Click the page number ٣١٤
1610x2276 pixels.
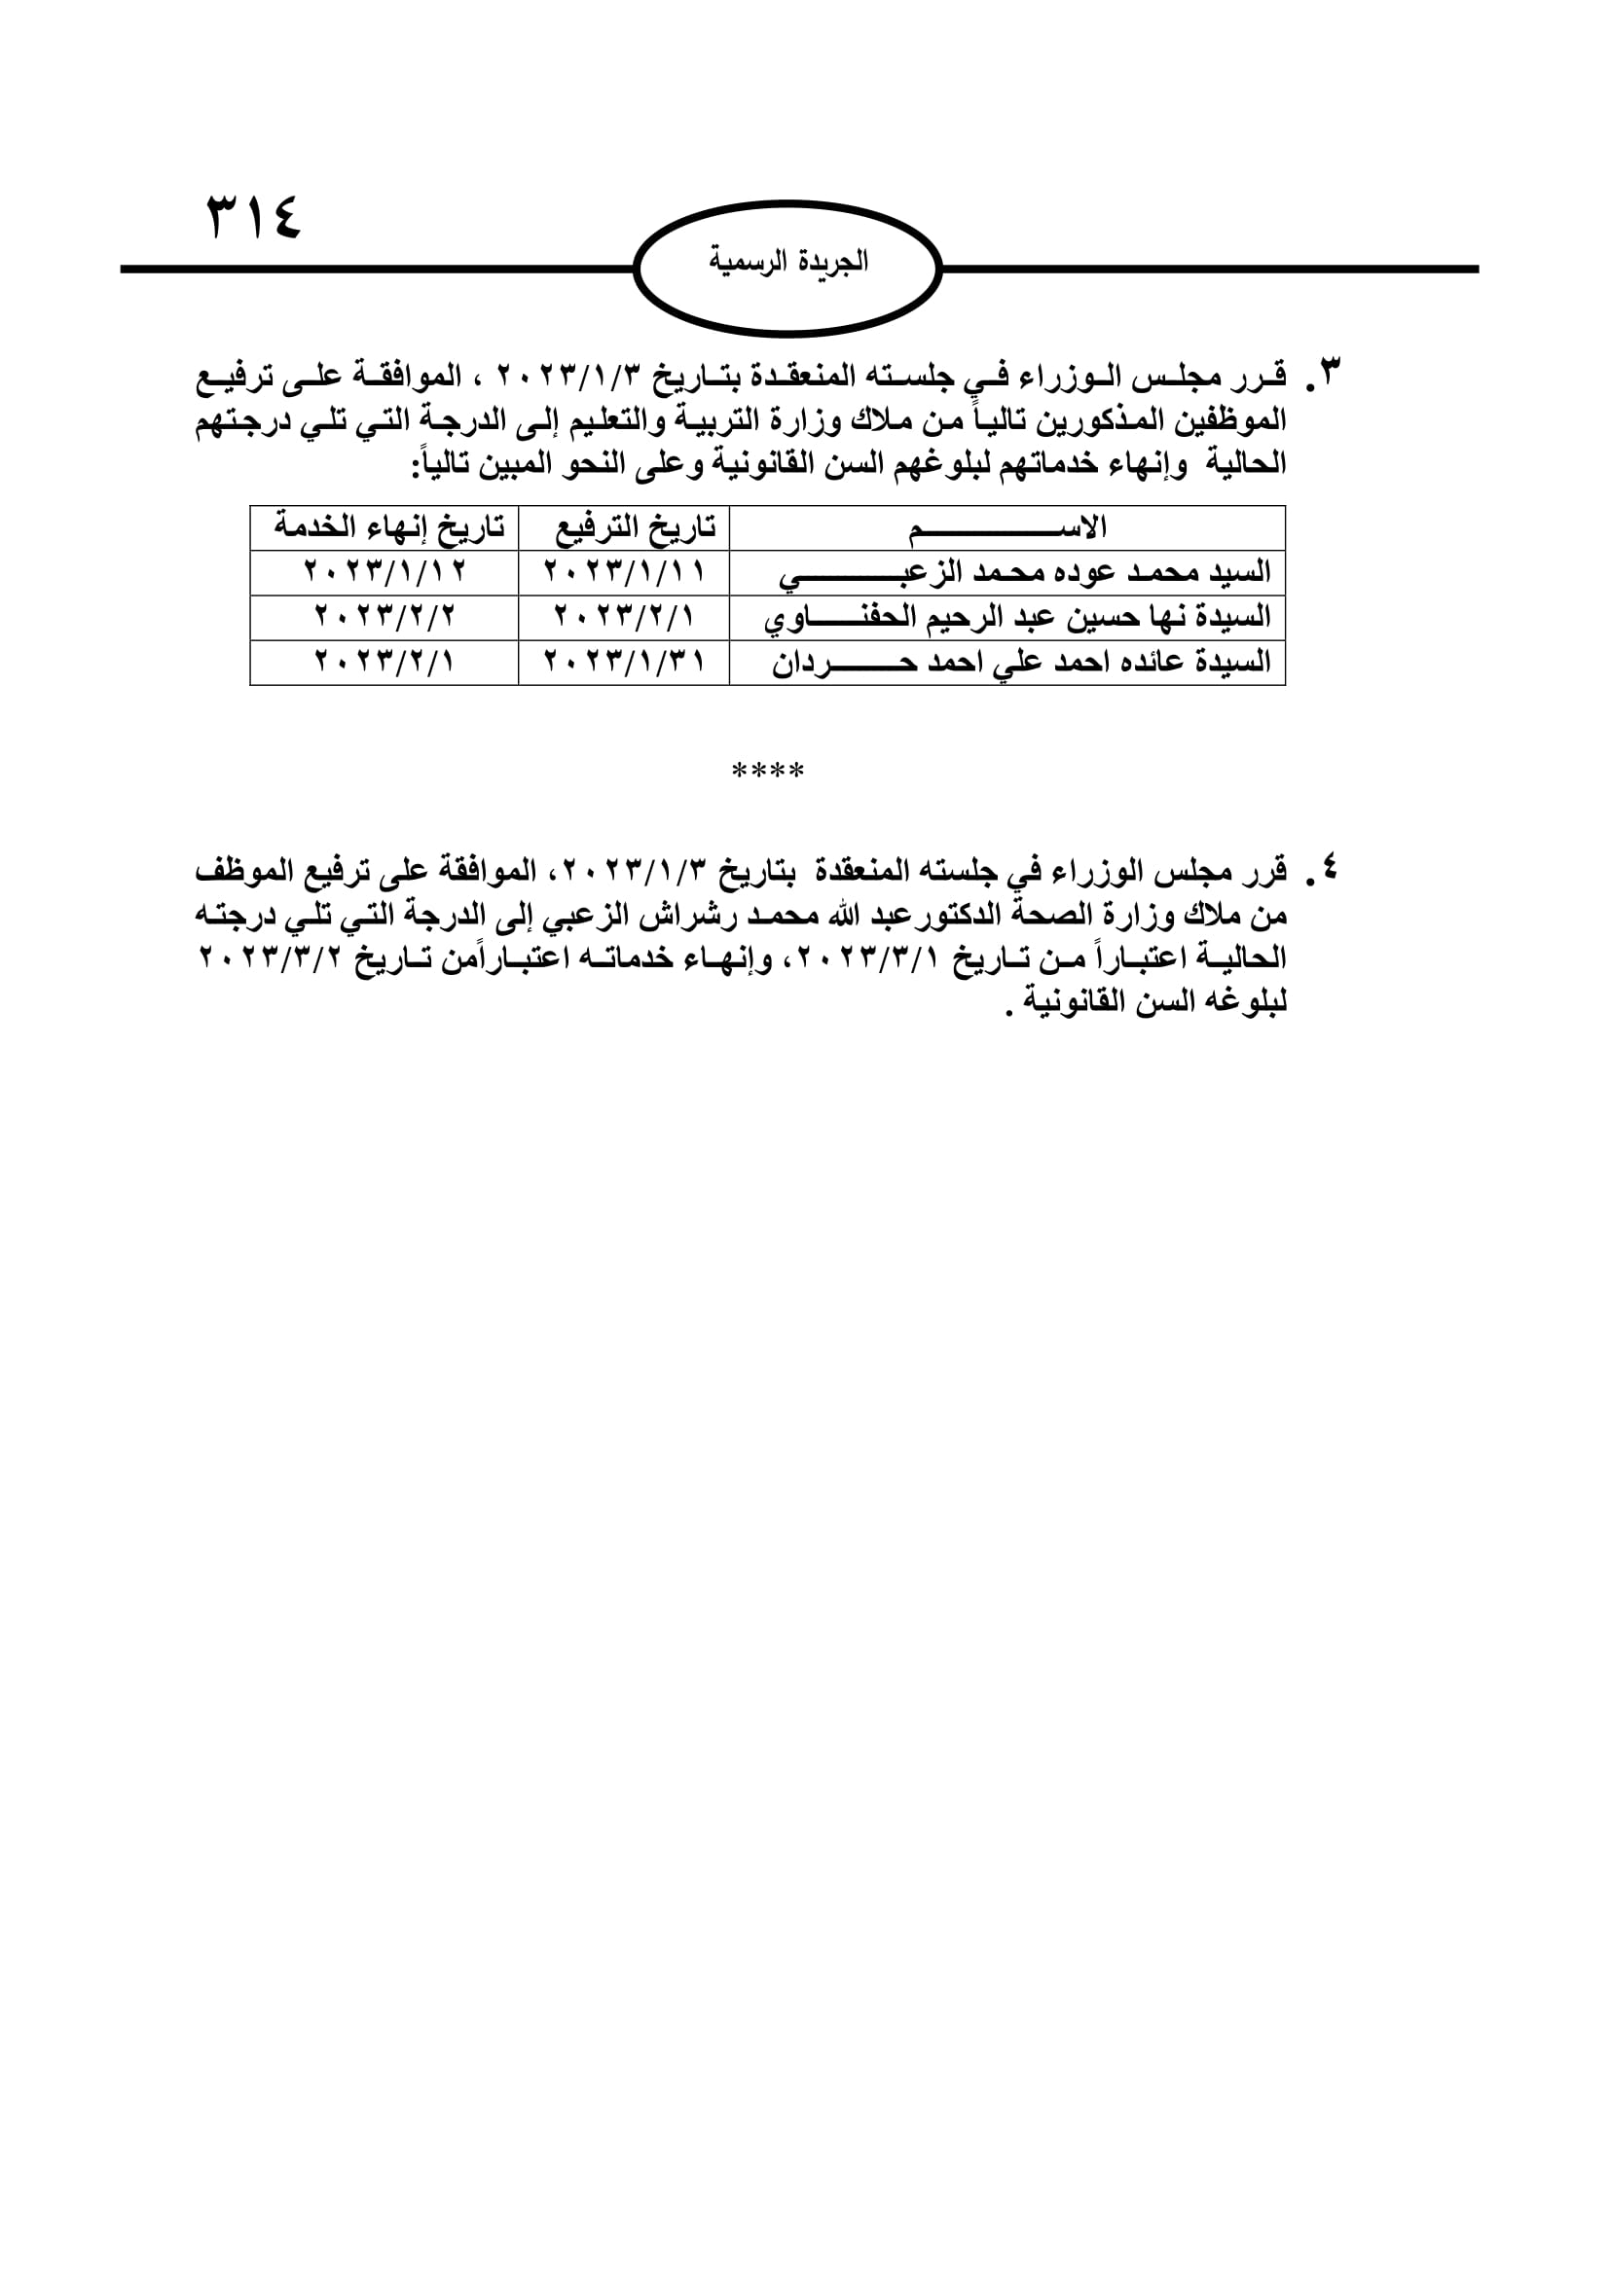click(x=253, y=216)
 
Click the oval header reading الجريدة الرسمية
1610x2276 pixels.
click(x=787, y=263)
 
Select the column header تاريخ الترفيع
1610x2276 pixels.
click(x=635, y=527)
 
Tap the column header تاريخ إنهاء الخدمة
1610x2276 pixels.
click(x=388, y=527)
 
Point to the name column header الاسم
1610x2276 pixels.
click(x=1006, y=527)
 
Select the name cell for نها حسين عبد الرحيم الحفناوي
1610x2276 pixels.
click(x=1016, y=618)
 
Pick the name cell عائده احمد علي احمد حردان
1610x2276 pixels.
click(x=1021, y=663)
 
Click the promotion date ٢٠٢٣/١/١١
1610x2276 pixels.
click(x=625, y=573)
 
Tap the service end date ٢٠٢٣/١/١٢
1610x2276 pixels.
click(x=384, y=573)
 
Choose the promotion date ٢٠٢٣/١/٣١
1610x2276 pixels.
click(x=625, y=663)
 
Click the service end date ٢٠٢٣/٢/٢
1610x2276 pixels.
click(x=384, y=618)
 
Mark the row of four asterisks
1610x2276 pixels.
click(x=767, y=771)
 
